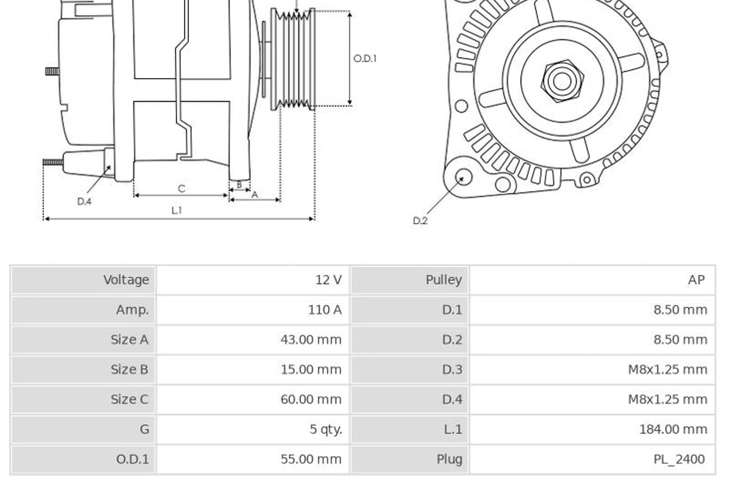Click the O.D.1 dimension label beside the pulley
pyautogui.click(x=365, y=59)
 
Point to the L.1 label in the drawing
pyautogui.click(x=177, y=210)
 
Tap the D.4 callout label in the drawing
pyautogui.click(x=84, y=201)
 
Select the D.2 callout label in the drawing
pyautogui.click(x=420, y=220)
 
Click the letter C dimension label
pyautogui.click(x=182, y=189)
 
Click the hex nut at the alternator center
pyautogui.click(x=562, y=81)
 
